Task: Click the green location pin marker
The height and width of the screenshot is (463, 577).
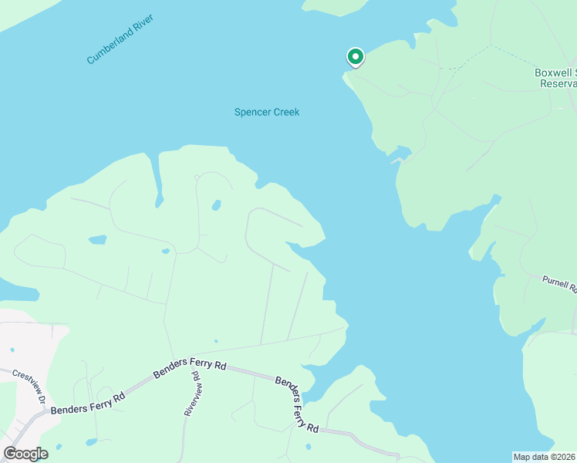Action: [356, 59]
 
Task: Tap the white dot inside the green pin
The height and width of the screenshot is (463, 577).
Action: [356, 56]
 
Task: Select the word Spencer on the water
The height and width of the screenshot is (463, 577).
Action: [251, 112]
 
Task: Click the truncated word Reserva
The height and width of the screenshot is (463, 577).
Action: [557, 83]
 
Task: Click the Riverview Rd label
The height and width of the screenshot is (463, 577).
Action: [192, 394]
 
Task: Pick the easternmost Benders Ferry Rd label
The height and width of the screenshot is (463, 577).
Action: [297, 404]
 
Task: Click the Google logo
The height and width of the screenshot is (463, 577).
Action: [26, 454]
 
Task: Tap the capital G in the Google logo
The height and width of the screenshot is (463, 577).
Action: [10, 453]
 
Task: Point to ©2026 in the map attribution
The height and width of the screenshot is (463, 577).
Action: [565, 457]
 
